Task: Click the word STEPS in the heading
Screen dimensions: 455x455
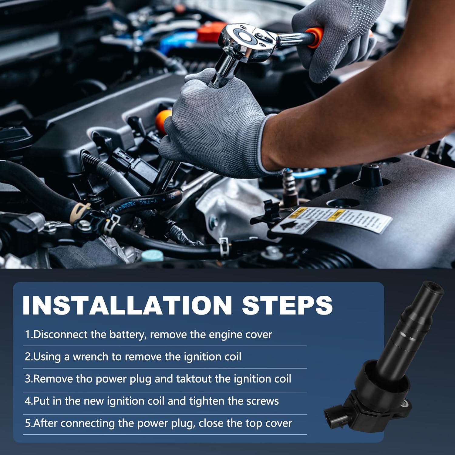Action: pos(287,305)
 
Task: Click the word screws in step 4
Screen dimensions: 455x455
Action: pos(262,401)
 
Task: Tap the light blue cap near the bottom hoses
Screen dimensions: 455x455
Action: pos(152,256)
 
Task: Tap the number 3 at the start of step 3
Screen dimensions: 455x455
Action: pos(28,379)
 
